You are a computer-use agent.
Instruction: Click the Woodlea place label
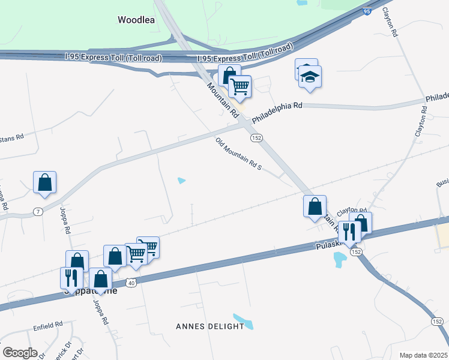pyautogui.click(x=136, y=20)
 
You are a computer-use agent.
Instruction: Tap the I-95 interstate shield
pyautogui.click(x=367, y=11)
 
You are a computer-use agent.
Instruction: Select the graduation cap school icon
pyautogui.click(x=310, y=77)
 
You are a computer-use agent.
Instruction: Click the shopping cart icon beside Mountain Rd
pyautogui.click(x=240, y=86)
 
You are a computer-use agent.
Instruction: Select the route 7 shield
pyautogui.click(x=37, y=212)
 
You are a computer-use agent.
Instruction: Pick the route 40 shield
pyautogui.click(x=131, y=281)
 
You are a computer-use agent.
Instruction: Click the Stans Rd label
pyautogui.click(x=11, y=137)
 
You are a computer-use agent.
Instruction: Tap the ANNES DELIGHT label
pyautogui.click(x=210, y=326)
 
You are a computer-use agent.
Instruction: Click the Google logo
pyautogui.click(x=19, y=353)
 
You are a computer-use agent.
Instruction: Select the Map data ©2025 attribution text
pyautogui.click(x=423, y=355)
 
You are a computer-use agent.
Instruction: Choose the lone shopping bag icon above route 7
pyautogui.click(x=45, y=183)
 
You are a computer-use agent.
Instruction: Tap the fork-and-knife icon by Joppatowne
pyautogui.click(x=71, y=278)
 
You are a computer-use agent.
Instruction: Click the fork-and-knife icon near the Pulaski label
pyautogui.click(x=349, y=231)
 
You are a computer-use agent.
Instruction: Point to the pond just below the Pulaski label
pyautogui.click(x=340, y=259)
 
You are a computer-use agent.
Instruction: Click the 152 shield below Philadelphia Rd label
pyautogui.click(x=256, y=138)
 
